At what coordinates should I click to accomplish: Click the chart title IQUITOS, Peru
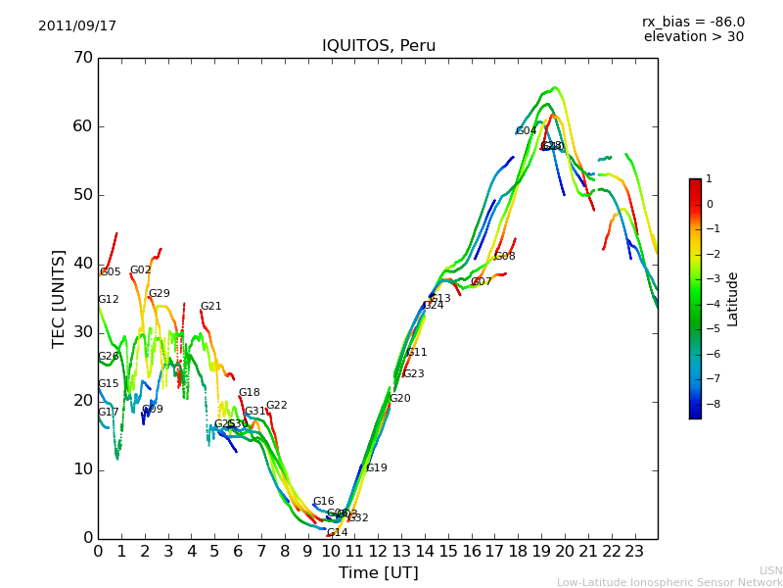tap(379, 46)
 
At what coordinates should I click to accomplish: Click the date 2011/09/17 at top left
tap(77, 26)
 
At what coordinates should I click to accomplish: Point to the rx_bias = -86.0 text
tap(693, 23)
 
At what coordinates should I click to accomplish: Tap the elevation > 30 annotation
tap(693, 37)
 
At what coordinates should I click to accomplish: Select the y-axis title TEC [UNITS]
tap(59, 298)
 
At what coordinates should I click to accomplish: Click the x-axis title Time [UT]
tap(378, 573)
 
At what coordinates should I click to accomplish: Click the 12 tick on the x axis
tap(378, 552)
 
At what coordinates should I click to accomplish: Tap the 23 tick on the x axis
tap(634, 552)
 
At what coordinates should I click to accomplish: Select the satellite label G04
tap(527, 131)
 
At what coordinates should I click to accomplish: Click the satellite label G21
tap(211, 307)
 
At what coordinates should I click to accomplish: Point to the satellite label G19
tap(377, 468)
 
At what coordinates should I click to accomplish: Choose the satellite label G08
tap(505, 257)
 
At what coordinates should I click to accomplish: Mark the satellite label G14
tap(338, 533)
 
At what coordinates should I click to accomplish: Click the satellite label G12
tap(109, 300)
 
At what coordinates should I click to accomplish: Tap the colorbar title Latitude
tap(733, 299)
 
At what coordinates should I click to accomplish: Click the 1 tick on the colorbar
tap(710, 179)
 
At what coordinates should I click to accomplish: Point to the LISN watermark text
tap(770, 570)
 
